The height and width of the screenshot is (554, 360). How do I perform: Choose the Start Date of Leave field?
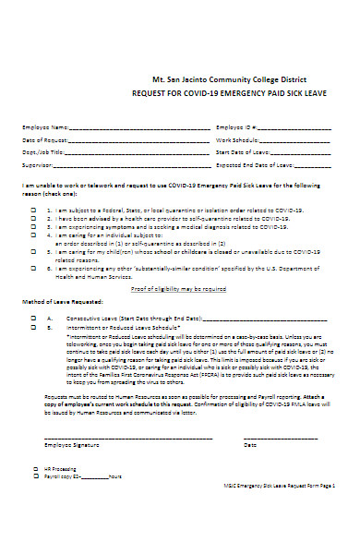298,151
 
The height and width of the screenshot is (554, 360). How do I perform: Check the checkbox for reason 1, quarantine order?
34,209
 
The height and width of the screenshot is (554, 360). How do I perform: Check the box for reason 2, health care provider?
34,217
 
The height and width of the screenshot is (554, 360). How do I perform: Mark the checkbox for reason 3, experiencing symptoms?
34,225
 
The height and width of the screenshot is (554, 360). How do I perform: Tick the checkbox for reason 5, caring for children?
34,250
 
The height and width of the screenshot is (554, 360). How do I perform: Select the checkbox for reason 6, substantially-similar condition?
34,268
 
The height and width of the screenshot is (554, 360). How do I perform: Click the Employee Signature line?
129,437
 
